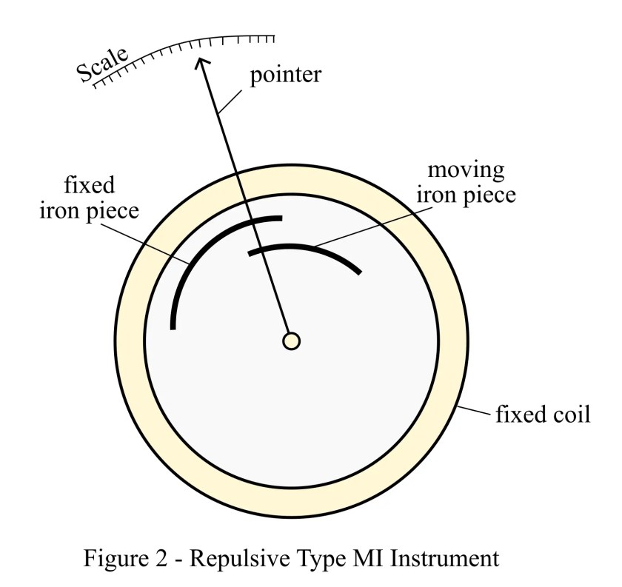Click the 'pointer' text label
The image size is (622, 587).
(285, 76)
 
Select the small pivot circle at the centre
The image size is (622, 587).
(292, 341)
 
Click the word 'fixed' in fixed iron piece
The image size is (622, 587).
(89, 183)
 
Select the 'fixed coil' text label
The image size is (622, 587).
(542, 413)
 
